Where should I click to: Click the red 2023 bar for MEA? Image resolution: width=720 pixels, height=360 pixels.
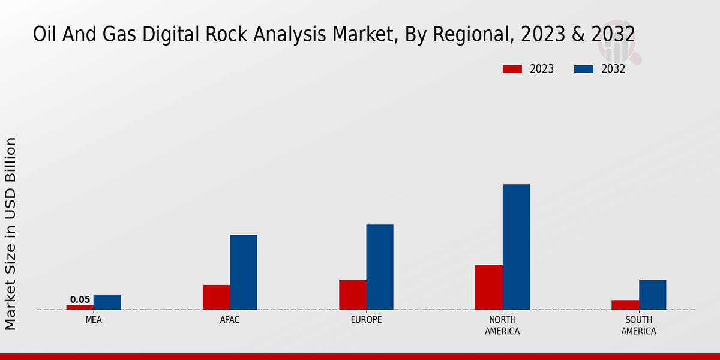pyautogui.click(x=80, y=307)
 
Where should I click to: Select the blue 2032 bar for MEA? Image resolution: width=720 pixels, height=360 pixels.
pyautogui.click(x=107, y=302)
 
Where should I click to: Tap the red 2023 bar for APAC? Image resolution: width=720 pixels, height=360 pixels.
pyautogui.click(x=216, y=297)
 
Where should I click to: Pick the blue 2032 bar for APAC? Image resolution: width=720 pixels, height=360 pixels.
pyautogui.click(x=243, y=272)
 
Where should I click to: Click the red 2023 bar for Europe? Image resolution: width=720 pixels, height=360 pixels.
pyautogui.click(x=352, y=295)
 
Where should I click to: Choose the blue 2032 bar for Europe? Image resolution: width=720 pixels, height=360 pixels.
pyautogui.click(x=380, y=267)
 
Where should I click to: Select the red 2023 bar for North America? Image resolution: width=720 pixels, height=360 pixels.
pyautogui.click(x=488, y=287)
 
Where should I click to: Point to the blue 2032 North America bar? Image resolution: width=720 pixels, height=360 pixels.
pyautogui.click(x=516, y=247)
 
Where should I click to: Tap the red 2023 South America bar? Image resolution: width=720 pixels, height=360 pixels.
pyautogui.click(x=625, y=305)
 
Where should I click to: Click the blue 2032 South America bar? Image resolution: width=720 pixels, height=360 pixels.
pyautogui.click(x=652, y=295)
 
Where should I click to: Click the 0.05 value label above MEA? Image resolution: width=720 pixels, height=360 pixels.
pyautogui.click(x=80, y=300)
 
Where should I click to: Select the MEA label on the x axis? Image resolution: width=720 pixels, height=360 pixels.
pyautogui.click(x=94, y=320)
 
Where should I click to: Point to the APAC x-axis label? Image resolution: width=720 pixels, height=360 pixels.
pyautogui.click(x=230, y=320)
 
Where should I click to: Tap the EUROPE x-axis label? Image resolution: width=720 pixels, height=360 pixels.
pyautogui.click(x=366, y=320)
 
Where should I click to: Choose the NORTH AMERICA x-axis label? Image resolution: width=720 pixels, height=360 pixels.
pyautogui.click(x=502, y=326)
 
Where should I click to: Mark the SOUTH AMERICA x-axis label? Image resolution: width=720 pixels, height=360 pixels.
pyautogui.click(x=638, y=326)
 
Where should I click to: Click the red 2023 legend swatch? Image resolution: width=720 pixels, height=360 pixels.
pyautogui.click(x=512, y=69)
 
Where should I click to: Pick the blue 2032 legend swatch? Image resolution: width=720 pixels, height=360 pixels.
pyautogui.click(x=583, y=69)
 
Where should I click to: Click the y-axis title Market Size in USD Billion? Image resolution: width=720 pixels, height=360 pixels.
pyautogui.click(x=11, y=233)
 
